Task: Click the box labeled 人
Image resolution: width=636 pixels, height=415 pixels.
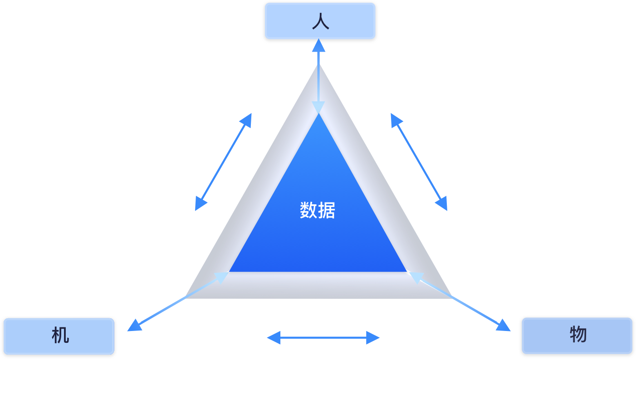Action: click(x=320, y=21)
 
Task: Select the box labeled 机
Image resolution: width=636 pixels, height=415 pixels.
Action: click(x=59, y=336)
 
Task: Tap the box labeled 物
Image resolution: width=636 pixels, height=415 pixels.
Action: click(x=577, y=336)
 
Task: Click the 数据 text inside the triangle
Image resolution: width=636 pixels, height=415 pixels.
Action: click(x=318, y=210)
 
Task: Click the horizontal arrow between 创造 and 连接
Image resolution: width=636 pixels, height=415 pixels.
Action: click(x=323, y=337)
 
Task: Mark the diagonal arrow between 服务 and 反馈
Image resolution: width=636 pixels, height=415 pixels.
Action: click(x=223, y=162)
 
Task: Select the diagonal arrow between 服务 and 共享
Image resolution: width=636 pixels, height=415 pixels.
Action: click(x=419, y=162)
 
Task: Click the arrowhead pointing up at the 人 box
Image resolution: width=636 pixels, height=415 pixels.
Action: click(x=318, y=45)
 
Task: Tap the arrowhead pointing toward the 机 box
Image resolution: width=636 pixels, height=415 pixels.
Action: click(x=134, y=326)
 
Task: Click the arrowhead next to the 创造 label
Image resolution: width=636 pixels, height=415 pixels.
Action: click(x=274, y=337)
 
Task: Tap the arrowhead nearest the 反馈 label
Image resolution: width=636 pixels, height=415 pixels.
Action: click(x=200, y=203)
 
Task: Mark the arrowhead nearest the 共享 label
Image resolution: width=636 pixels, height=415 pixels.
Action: click(x=441, y=203)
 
